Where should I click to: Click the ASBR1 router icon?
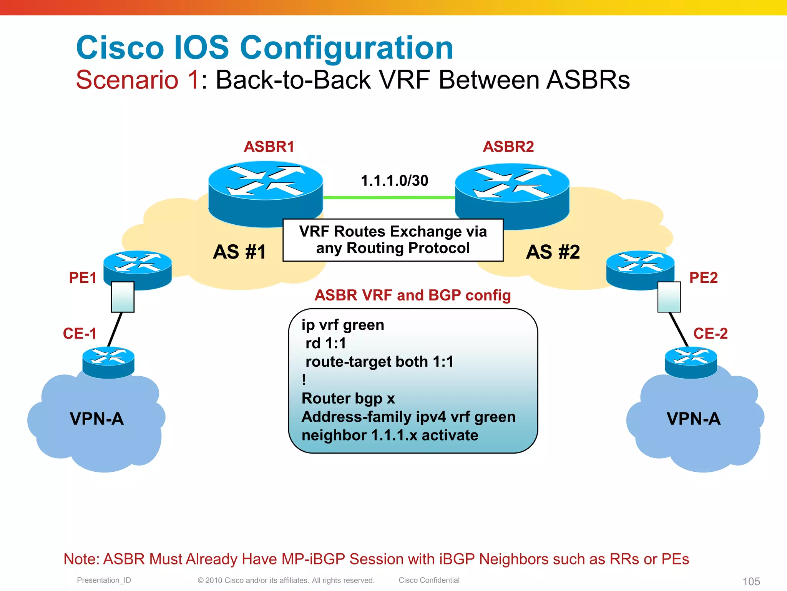266,192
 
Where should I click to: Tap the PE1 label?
83,278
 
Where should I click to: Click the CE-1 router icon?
108,362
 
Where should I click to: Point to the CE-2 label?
710,333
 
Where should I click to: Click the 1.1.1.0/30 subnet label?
394,180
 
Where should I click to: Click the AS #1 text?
239,252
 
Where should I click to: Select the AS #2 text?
553,252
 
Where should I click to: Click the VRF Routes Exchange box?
393,240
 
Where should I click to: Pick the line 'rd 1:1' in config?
325,343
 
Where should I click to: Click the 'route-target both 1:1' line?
379,362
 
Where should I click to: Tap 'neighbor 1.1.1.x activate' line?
390,435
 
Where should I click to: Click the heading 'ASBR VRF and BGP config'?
413,295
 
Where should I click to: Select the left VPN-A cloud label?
97,419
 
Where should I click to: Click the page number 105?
751,581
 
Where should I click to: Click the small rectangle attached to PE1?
123,297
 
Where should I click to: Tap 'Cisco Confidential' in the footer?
429,580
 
